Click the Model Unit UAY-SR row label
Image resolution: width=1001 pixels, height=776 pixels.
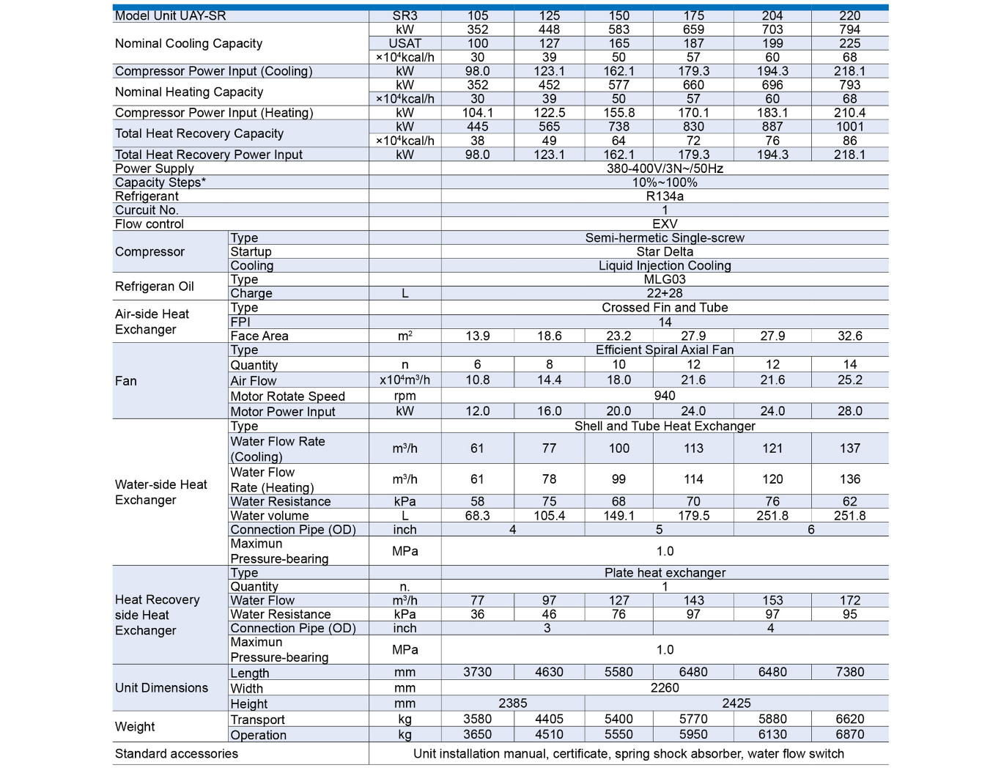click(171, 15)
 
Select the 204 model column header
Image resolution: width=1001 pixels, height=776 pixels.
click(772, 15)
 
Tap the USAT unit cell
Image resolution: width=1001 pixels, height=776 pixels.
click(405, 43)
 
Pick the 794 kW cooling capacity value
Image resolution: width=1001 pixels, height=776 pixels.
click(849, 29)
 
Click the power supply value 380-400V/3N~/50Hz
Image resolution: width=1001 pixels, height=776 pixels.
click(665, 169)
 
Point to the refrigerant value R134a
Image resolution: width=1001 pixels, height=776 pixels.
click(665, 196)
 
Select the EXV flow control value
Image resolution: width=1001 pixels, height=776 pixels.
click(665, 224)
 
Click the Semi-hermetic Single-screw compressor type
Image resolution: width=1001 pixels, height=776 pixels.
click(665, 238)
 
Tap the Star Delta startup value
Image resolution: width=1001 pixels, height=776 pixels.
click(665, 252)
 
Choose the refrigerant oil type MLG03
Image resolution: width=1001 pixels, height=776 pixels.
click(665, 279)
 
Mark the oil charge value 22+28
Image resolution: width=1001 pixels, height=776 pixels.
click(665, 293)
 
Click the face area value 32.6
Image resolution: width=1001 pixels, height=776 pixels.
click(849, 336)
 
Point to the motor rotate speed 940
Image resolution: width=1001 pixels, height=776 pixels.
click(665, 396)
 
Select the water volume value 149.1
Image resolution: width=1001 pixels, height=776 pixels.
click(618, 516)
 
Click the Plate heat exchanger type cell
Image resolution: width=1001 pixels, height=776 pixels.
click(665, 573)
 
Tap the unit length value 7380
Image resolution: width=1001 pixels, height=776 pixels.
click(849, 672)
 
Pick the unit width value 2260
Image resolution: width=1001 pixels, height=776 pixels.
click(665, 688)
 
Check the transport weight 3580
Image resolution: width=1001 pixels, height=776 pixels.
click(477, 720)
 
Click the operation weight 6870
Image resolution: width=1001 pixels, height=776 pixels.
click(849, 735)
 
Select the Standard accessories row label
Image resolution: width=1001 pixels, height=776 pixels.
click(177, 754)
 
